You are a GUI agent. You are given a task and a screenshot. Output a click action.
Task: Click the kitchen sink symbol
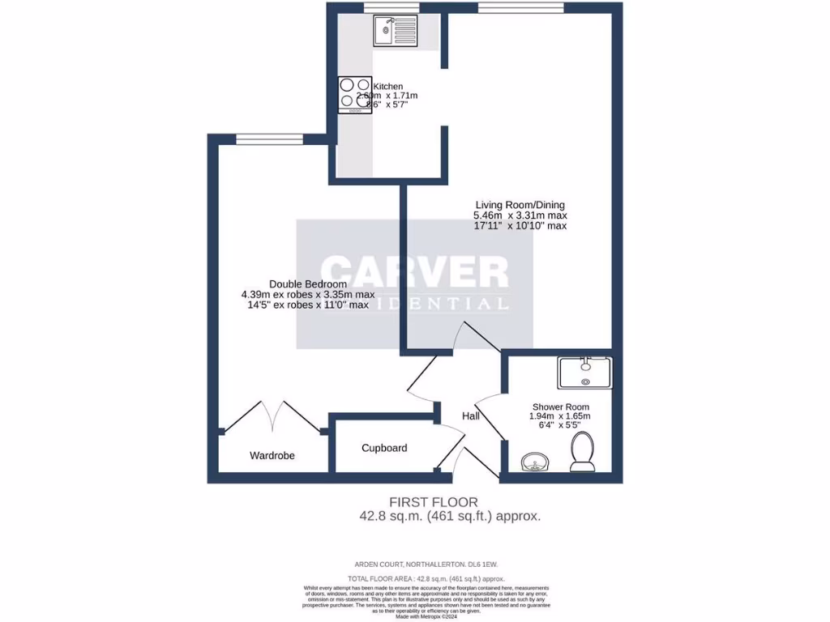coord(394,31)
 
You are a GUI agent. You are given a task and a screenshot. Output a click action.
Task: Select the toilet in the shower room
coord(582,451)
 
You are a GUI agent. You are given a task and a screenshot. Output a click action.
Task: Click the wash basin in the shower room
coord(535,462)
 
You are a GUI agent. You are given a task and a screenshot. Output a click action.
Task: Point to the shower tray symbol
coord(584,373)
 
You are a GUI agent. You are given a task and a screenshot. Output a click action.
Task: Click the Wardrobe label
coord(272,456)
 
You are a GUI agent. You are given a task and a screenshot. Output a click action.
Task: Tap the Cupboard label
coord(384,448)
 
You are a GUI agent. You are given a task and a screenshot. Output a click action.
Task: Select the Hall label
coord(471,416)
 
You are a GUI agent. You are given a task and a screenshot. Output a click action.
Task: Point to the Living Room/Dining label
coord(520,205)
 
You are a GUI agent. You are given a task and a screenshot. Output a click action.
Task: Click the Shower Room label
coord(560,407)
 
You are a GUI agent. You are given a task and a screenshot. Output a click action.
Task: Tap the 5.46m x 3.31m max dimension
coord(520,215)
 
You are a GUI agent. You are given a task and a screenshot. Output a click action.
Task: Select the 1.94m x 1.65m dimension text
coord(560,416)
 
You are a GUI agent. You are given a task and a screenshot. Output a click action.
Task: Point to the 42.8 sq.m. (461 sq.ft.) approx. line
coord(450,515)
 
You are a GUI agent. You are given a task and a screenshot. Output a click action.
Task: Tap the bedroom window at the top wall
coord(258,138)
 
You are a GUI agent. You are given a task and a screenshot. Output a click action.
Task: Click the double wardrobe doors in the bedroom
coord(273,415)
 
